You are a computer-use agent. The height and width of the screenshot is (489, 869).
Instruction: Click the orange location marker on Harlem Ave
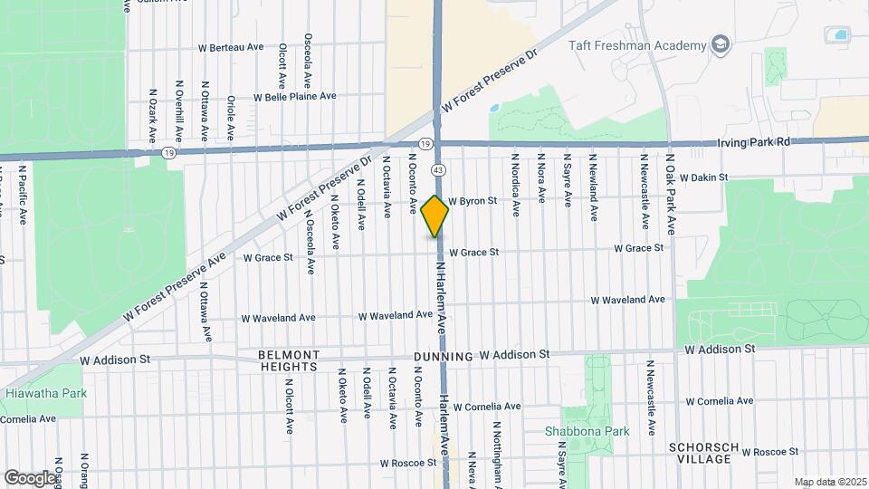pyautogui.click(x=435, y=216)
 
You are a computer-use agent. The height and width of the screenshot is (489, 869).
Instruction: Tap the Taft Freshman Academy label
pyautogui.click(x=637, y=45)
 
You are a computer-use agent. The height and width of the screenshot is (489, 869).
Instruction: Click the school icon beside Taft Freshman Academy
pyautogui.click(x=720, y=45)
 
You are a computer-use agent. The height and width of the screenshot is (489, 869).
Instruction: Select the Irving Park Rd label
pyautogui.click(x=754, y=142)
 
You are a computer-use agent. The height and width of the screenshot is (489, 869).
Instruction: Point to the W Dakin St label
pyautogui.click(x=704, y=178)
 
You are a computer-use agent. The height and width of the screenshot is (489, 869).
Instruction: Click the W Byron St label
pyautogui.click(x=473, y=201)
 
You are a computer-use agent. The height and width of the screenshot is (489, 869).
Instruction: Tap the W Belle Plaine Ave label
pyautogui.click(x=294, y=96)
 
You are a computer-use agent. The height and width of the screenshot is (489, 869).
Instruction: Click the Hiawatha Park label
pyautogui.click(x=39, y=394)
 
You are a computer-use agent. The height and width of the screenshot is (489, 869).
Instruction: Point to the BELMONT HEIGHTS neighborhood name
pyautogui.click(x=289, y=360)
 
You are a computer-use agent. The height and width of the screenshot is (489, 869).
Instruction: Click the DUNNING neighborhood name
pyautogui.click(x=444, y=357)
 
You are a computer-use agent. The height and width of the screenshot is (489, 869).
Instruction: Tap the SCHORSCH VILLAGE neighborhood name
pyautogui.click(x=704, y=453)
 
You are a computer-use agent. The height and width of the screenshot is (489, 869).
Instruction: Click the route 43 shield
pyautogui.click(x=438, y=169)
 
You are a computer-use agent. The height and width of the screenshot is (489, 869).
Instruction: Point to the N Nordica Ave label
pyautogui.click(x=515, y=184)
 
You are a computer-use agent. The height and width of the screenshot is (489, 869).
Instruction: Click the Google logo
pyautogui.click(x=29, y=477)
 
